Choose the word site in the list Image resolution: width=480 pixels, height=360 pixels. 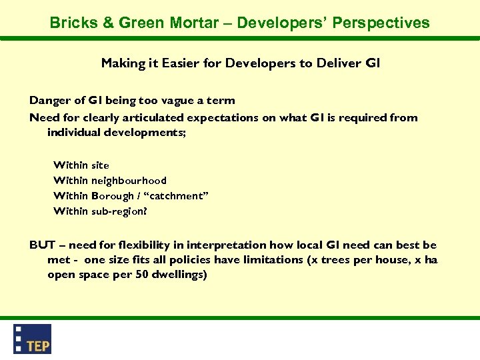click(100, 165)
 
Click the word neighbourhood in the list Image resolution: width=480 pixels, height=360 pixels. click(129, 181)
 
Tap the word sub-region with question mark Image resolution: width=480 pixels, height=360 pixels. click(119, 211)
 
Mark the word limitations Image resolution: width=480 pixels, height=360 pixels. click(271, 259)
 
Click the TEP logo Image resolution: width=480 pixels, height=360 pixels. click(33, 339)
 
